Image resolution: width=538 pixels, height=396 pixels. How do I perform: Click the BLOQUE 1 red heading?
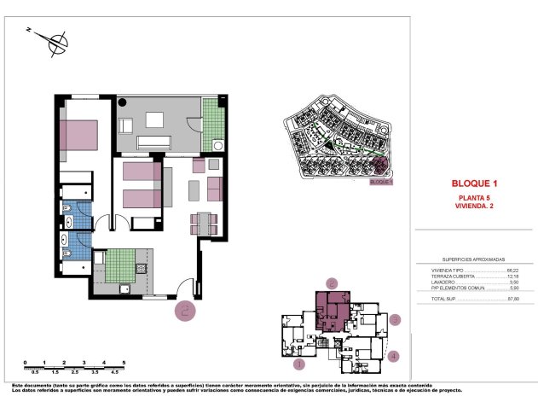coord(472,183)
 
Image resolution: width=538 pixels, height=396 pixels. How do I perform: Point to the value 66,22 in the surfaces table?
coord(512,270)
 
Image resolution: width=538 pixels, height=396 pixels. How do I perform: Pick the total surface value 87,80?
coord(512,299)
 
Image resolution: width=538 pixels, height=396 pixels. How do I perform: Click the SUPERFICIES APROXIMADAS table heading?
coord(473,259)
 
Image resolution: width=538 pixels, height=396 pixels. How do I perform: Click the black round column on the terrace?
coord(123,103)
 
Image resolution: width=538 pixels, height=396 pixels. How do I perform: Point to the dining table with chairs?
coord(205,224)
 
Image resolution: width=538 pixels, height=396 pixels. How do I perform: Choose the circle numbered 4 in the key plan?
coord(393,356)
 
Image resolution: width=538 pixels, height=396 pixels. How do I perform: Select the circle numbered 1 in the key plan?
coord(298,364)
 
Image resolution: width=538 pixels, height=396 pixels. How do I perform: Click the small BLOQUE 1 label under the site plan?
coord(380,181)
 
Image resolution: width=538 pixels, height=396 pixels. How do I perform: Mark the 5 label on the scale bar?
coord(124,363)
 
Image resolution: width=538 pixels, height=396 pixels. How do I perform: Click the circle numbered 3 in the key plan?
coord(396,320)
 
